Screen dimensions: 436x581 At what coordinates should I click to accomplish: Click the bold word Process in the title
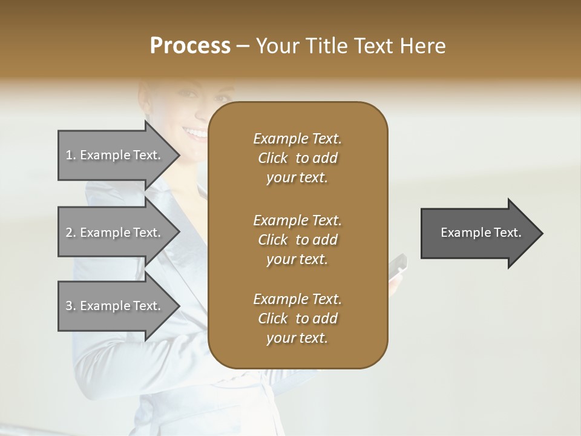click(190, 46)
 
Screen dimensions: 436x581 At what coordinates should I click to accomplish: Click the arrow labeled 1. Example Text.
click(115, 155)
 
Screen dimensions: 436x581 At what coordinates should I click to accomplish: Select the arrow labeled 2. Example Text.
click(115, 233)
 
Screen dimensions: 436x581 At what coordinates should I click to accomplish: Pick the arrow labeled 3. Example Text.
click(115, 306)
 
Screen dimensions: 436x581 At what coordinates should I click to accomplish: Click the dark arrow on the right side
click(478, 233)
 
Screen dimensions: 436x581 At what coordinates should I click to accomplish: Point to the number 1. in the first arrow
click(71, 155)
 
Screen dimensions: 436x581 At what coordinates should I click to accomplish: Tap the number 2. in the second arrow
click(71, 233)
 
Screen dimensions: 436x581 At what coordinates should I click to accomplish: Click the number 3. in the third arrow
click(71, 306)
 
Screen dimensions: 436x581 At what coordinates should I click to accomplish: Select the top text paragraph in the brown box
click(298, 158)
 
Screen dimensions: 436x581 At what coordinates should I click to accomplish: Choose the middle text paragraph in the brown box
click(298, 240)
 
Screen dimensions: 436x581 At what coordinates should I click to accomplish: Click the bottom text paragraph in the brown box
click(298, 319)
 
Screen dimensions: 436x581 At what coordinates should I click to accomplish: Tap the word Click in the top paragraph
click(273, 159)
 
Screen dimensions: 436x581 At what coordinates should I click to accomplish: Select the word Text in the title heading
click(372, 46)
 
